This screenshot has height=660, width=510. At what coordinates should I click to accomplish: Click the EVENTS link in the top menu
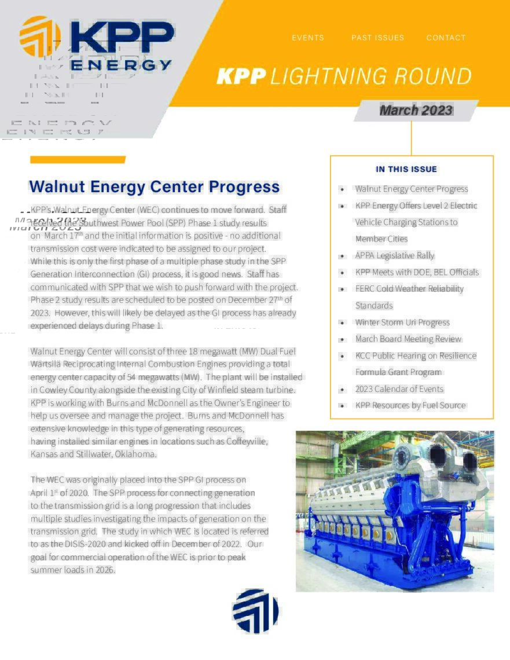(307, 38)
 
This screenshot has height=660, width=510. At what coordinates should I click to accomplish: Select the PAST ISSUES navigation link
(377, 38)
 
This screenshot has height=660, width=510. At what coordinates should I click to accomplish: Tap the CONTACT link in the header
(446, 38)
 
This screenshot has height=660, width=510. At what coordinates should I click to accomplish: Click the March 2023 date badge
(416, 111)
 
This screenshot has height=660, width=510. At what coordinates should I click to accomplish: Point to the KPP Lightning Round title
(344, 76)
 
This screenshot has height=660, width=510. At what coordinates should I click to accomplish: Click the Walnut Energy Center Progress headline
(154, 187)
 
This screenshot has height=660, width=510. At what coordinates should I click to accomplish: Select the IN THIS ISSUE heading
(406, 169)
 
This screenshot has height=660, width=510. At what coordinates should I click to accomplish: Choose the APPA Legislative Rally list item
(394, 255)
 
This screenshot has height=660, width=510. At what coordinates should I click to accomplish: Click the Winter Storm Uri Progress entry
(402, 322)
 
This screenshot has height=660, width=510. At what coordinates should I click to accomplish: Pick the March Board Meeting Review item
(408, 339)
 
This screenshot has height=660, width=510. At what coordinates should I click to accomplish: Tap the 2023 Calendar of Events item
(399, 389)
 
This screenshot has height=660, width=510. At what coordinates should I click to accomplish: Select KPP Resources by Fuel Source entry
(410, 405)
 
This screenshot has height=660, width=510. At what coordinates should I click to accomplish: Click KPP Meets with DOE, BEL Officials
(417, 272)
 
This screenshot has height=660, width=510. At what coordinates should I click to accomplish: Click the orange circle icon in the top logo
(40, 36)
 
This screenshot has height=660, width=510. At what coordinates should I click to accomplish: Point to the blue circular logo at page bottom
(255, 611)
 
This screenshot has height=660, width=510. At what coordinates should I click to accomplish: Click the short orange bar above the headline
(78, 160)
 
